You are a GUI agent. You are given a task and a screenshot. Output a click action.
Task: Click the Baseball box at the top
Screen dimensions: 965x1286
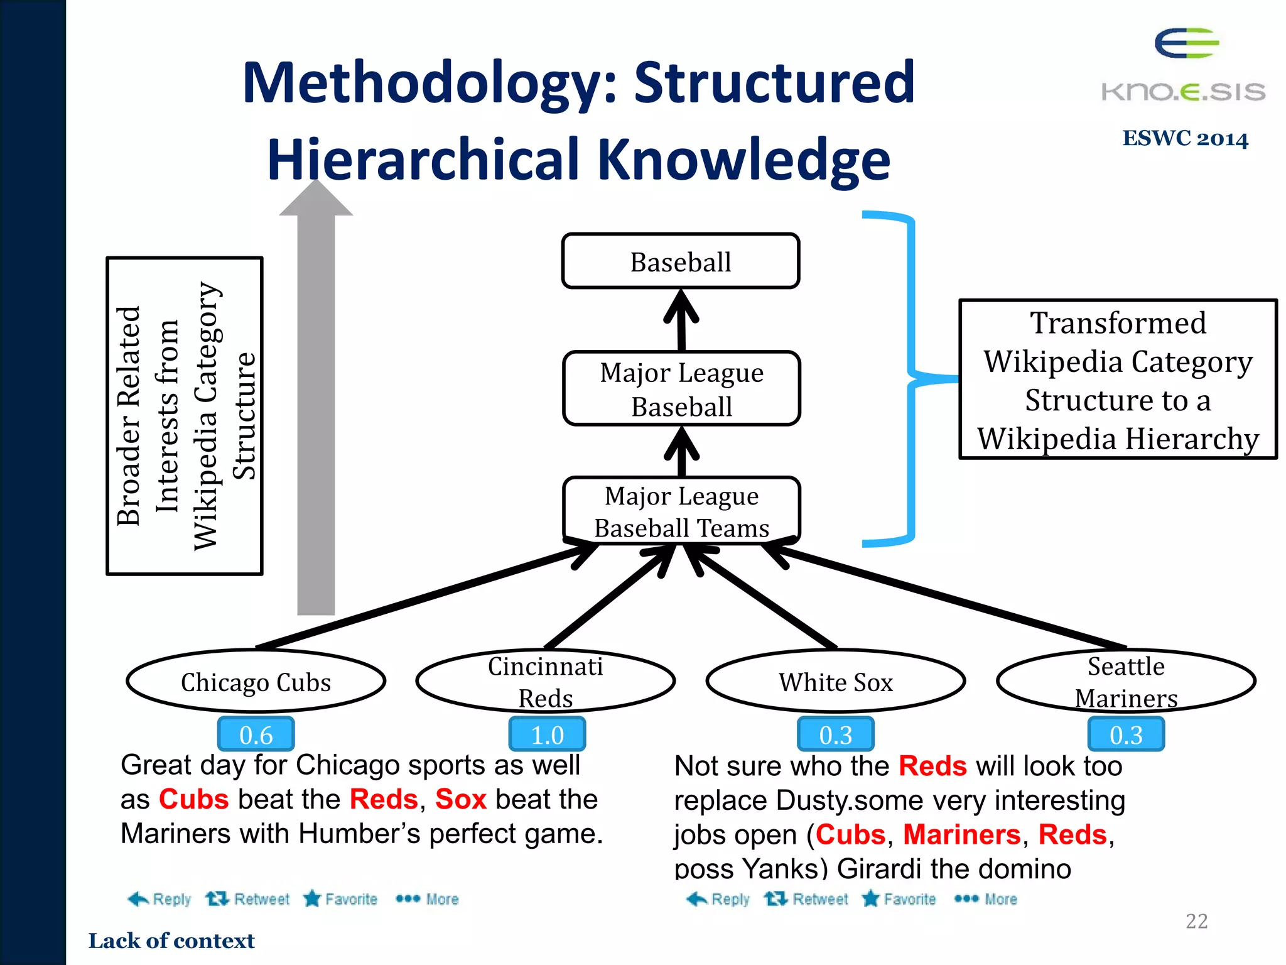coord(681,261)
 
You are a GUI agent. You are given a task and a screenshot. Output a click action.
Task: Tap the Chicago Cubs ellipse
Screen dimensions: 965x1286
coord(256,682)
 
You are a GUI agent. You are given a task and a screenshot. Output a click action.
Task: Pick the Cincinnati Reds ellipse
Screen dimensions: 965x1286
coord(545,682)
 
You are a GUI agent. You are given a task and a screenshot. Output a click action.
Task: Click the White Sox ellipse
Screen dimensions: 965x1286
coord(835,682)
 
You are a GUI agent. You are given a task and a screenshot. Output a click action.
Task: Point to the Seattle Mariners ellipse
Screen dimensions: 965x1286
coord(1126,682)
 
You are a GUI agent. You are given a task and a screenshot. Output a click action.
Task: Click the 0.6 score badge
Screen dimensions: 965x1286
coord(256,734)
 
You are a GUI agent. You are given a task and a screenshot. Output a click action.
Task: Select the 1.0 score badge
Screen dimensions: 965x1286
coord(547,734)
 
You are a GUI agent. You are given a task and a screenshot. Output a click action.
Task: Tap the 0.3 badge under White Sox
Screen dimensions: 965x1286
coord(835,734)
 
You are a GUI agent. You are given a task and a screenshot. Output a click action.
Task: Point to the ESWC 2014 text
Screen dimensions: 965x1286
coord(1185,138)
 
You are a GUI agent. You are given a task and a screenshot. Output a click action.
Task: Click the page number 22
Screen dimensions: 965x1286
coord(1196,921)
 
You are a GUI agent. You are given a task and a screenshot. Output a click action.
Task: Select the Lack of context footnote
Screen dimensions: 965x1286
coord(171,940)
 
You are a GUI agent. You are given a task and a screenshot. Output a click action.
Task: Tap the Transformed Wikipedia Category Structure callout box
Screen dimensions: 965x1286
coord(1118,379)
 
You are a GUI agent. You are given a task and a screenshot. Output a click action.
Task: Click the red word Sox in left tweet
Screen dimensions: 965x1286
coord(460,799)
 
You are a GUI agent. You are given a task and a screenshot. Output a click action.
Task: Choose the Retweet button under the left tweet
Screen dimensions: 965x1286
coord(248,899)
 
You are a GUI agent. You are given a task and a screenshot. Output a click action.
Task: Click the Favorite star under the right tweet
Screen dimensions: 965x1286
coord(899,899)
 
